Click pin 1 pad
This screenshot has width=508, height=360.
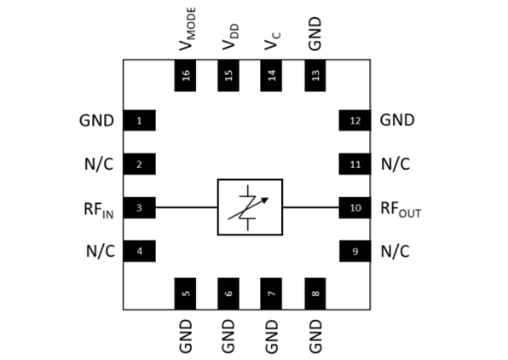click(139, 120)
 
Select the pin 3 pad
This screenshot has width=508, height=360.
click(139, 207)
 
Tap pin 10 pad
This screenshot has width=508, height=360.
click(355, 207)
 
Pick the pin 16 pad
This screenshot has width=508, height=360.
click(185, 76)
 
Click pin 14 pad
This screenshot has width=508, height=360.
click(271, 76)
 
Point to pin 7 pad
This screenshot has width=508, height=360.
click(271, 293)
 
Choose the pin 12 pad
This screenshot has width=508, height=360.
click(355, 120)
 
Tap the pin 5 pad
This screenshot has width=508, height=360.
click(185, 293)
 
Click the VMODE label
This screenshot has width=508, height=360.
click(188, 29)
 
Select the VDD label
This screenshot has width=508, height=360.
click(230, 37)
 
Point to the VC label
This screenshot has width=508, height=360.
click(273, 41)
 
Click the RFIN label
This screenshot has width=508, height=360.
click(99, 210)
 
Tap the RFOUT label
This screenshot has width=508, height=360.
click(401, 210)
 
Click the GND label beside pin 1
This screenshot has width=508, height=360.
click(96, 120)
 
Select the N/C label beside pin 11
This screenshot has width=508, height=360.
click(395, 164)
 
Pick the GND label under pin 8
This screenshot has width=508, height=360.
click(315, 336)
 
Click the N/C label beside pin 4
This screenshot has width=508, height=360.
click(101, 251)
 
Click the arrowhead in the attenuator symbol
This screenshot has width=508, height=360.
click(265, 200)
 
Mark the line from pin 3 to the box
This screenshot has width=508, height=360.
click(187, 207)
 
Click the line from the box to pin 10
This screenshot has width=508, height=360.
click(311, 207)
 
